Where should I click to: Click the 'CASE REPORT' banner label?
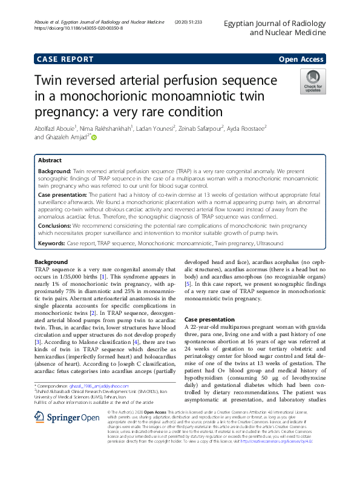point(65,59)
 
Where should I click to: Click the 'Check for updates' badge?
point(313,82)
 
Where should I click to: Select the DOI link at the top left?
point(79,28)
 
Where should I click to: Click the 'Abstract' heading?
point(50,161)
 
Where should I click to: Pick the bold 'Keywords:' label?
point(51,243)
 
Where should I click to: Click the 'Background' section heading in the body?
point(51,262)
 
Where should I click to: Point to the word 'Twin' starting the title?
point(51,82)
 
